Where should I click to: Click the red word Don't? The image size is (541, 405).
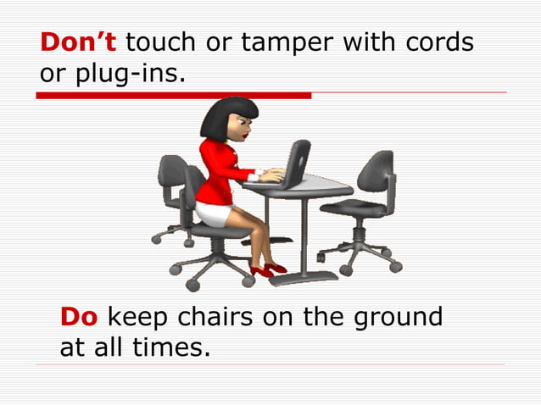(x=79, y=42)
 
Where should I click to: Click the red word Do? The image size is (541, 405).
(x=79, y=318)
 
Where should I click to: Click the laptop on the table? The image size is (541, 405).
(x=293, y=165)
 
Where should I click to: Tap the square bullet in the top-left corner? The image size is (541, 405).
(x=10, y=10)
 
